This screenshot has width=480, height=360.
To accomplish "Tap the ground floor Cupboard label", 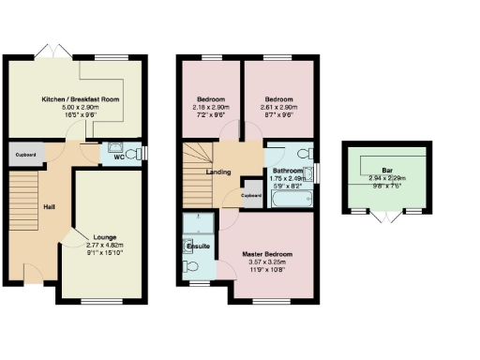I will (24, 155).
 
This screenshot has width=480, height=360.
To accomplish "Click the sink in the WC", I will (116, 147).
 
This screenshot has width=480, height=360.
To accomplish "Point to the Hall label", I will (48, 207).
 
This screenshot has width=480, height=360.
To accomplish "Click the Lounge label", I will (105, 237).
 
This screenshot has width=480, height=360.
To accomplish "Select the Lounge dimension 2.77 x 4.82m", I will (105, 245).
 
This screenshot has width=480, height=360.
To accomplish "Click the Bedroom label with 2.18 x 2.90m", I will (209, 98).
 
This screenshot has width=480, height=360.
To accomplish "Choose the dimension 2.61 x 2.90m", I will (279, 106).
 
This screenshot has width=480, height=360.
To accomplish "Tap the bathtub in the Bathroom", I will (288, 199).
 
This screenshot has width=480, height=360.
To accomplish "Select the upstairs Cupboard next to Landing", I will (250, 196).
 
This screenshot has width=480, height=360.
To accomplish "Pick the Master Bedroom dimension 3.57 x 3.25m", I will (268, 262).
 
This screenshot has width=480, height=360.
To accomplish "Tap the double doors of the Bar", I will (384, 217).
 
